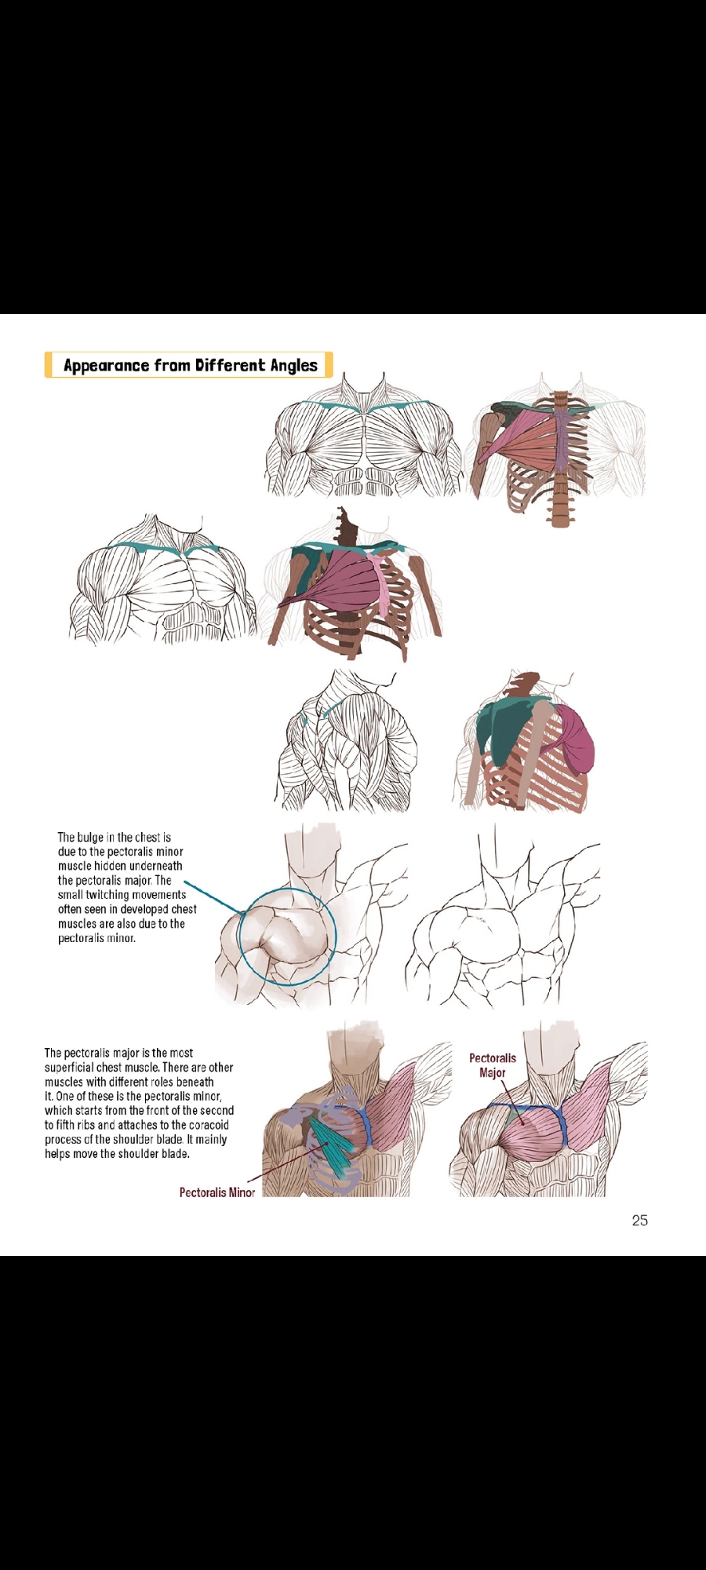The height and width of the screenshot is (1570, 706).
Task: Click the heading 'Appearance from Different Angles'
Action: pos(190,365)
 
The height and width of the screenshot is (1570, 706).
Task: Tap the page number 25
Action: pos(639,1220)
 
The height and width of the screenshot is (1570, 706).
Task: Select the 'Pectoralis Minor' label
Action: pos(217,1192)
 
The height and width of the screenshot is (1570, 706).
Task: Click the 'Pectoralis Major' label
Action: pos(493,1065)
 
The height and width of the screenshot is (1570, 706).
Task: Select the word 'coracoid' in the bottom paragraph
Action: pos(207,1125)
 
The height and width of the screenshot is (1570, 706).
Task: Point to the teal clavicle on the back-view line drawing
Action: pos(337,706)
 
